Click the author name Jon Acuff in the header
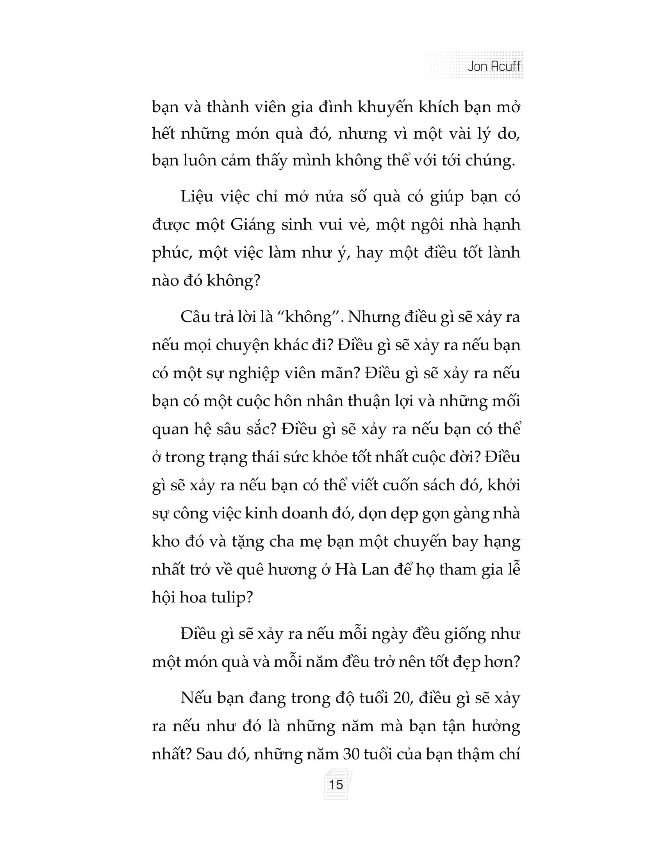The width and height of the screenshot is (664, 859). coord(494,66)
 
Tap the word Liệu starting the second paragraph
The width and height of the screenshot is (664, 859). coord(198,196)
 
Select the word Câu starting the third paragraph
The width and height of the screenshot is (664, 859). coord(197,317)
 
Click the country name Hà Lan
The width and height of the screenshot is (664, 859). coord(362,569)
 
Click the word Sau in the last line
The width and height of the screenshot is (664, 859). coord(209,754)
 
